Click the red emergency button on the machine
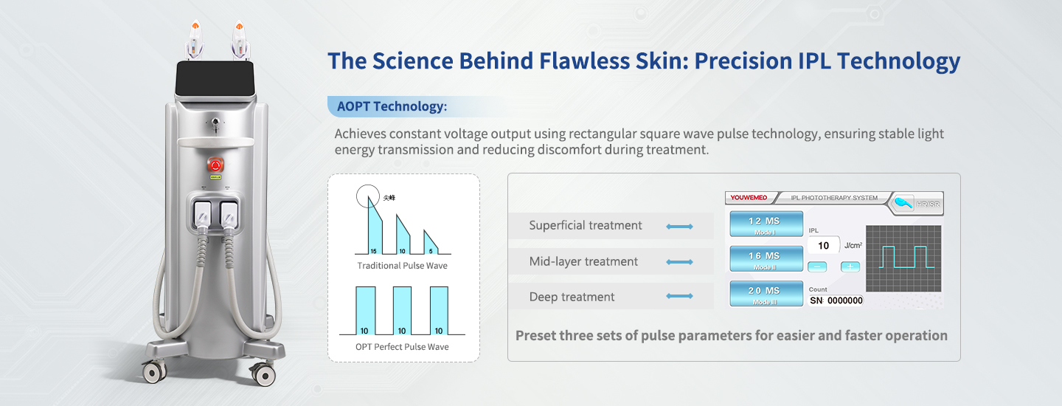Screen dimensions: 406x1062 pyautogui.click(x=217, y=164)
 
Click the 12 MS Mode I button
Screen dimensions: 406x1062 pyautogui.click(x=766, y=223)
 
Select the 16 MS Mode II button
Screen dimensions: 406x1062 pyautogui.click(x=766, y=258)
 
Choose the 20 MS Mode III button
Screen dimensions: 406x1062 pyautogui.click(x=766, y=293)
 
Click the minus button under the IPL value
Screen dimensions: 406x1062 pyautogui.click(x=817, y=266)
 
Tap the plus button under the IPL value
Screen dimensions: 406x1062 pyautogui.click(x=850, y=266)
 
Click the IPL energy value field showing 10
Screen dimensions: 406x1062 pyautogui.click(x=824, y=246)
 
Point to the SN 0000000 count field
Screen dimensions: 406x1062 pyautogui.click(x=836, y=300)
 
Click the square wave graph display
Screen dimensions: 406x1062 pyautogui.click(x=904, y=258)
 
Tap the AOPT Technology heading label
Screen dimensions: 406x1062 pyautogui.click(x=392, y=106)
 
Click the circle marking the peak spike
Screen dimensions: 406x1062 pyautogui.click(x=368, y=197)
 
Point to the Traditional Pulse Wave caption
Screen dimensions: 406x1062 pyautogui.click(x=402, y=266)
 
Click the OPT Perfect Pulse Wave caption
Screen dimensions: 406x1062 pyautogui.click(x=402, y=346)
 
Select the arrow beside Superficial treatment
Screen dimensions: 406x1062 pyautogui.click(x=679, y=227)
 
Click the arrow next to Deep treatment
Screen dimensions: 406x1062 pyautogui.click(x=679, y=297)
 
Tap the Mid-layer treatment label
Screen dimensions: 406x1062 pyautogui.click(x=583, y=261)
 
